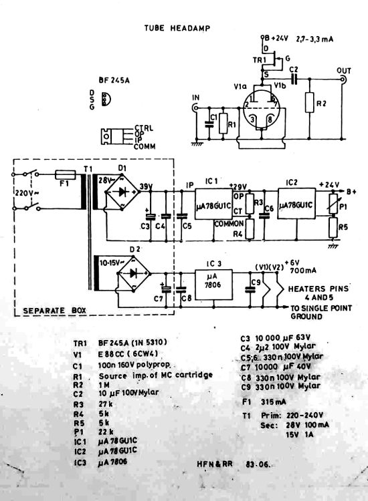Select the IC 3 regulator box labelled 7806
tap(213, 283)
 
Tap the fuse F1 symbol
tap(66, 174)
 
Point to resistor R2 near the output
tap(309, 104)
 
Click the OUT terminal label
tap(344, 70)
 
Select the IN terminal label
tap(196, 99)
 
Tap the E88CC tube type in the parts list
tap(116, 355)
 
